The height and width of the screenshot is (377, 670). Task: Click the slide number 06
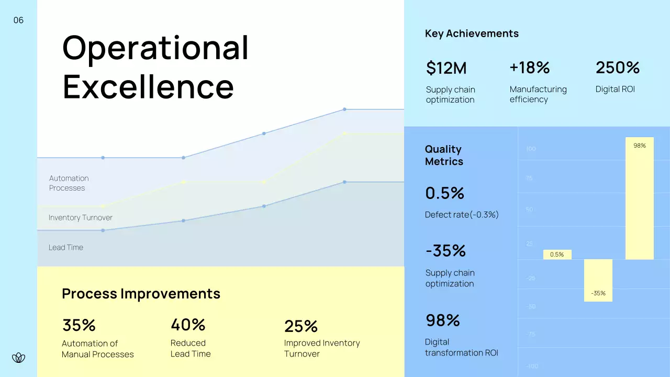coord(18,20)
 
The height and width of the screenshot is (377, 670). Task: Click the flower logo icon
coord(18,358)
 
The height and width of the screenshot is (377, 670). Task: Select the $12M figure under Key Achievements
coord(446,68)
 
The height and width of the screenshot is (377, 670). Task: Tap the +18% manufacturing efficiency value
coord(529,68)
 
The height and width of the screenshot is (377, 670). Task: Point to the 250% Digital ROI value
coord(617,68)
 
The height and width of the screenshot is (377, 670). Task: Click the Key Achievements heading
coord(472,34)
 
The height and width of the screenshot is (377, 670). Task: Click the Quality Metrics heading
coord(444,156)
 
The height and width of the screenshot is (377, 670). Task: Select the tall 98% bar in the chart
coord(640,199)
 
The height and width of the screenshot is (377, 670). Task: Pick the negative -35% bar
coord(598,281)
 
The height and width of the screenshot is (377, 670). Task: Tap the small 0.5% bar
coord(557,254)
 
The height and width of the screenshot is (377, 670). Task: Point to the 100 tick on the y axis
coord(530,149)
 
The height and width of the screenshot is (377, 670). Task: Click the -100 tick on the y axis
coord(531,366)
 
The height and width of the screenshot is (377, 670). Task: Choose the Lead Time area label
coord(66,247)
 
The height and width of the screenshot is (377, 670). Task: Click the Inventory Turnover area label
coord(80,217)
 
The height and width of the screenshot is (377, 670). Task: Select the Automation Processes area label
coord(69,183)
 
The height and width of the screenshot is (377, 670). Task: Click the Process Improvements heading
coord(141,294)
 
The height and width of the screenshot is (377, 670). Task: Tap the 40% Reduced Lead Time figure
coord(188,325)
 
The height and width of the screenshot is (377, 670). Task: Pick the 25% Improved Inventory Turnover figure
coord(301,326)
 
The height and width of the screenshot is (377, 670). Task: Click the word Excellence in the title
coord(148,86)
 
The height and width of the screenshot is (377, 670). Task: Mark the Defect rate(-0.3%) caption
coord(461,215)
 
